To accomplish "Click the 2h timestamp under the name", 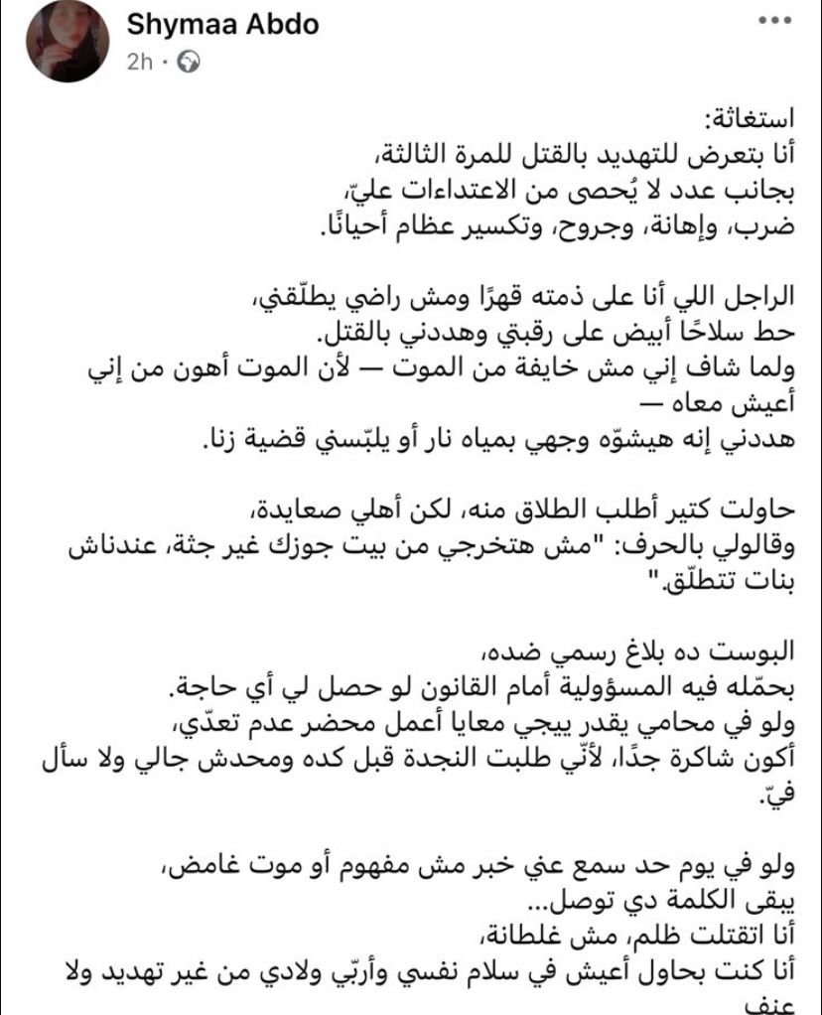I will (139, 62).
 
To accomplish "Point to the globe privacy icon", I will (185, 62).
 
